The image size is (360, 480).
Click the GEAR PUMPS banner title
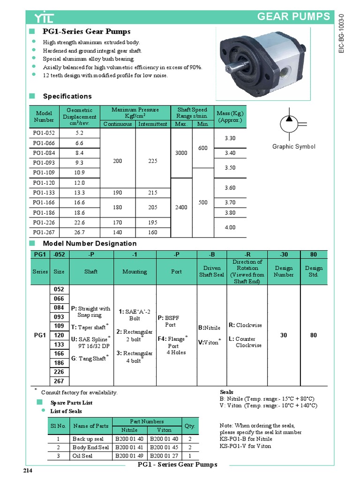(294, 17)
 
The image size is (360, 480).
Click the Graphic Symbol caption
(294, 147)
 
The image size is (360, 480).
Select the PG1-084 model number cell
(44, 153)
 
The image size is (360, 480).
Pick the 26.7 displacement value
(79, 232)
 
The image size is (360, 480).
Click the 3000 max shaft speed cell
(181, 153)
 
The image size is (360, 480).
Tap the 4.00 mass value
(230, 227)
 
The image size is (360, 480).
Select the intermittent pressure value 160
(152, 232)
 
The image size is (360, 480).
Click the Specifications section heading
(67, 96)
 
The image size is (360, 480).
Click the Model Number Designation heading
(90, 243)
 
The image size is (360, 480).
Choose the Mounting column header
(135, 271)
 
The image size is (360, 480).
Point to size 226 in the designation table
(59, 373)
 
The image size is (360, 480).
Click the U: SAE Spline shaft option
(90, 341)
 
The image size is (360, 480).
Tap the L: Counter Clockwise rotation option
(246, 342)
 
